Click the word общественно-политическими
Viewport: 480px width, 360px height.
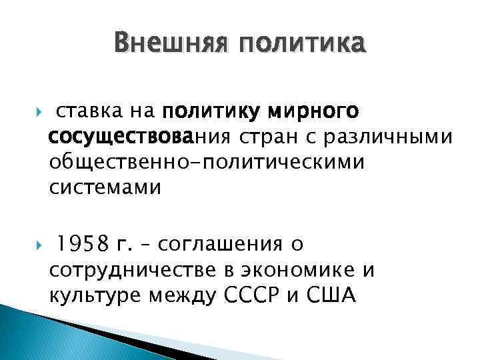point(207,163)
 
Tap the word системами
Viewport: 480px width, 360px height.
point(105,189)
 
